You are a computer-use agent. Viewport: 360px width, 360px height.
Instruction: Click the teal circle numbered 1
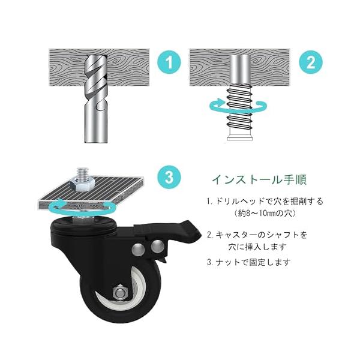pyautogui.click(x=169, y=62)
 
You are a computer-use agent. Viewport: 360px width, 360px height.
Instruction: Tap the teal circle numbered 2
pyautogui.click(x=311, y=62)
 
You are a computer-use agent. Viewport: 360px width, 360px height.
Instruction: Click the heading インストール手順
pyautogui.click(x=259, y=180)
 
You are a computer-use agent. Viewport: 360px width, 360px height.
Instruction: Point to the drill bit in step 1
pyautogui.click(x=95, y=99)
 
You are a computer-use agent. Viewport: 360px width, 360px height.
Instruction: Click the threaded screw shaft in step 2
pyautogui.click(x=239, y=112)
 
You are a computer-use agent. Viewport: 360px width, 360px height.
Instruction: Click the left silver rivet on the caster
pyautogui.click(x=139, y=249)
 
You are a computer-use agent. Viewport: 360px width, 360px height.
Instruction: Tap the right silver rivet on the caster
pyautogui.click(x=157, y=245)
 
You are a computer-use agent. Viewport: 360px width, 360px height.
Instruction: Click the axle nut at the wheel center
pyautogui.click(x=121, y=293)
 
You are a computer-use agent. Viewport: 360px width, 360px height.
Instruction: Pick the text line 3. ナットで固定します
pyautogui.click(x=249, y=262)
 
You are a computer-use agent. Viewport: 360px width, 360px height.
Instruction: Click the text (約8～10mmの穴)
pyautogui.click(x=265, y=214)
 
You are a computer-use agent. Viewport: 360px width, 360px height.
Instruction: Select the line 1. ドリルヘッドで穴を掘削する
pyautogui.click(x=265, y=202)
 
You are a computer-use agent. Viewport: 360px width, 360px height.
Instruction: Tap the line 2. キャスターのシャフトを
pyautogui.click(x=257, y=235)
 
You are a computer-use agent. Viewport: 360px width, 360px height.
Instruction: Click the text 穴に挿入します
pyautogui.click(x=257, y=247)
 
